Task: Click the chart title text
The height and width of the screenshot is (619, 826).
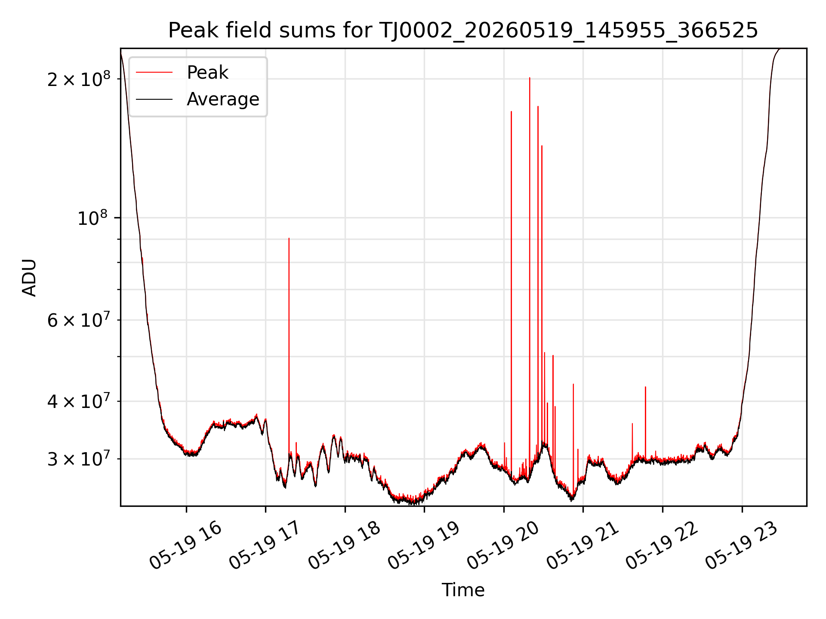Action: [463, 31]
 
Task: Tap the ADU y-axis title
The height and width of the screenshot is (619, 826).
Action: [29, 277]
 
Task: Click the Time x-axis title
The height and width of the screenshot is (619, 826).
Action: [463, 590]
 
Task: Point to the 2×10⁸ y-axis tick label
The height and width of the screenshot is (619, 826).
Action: [78, 79]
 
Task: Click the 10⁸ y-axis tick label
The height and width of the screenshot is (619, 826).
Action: [94, 218]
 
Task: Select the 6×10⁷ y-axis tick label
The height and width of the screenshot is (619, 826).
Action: [78, 320]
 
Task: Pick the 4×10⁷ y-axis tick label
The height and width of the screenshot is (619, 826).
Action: [78, 401]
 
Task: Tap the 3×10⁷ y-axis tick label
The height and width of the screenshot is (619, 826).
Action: [78, 459]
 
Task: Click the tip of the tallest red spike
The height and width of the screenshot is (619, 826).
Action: [530, 78]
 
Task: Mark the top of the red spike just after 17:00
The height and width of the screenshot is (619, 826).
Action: [289, 238]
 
